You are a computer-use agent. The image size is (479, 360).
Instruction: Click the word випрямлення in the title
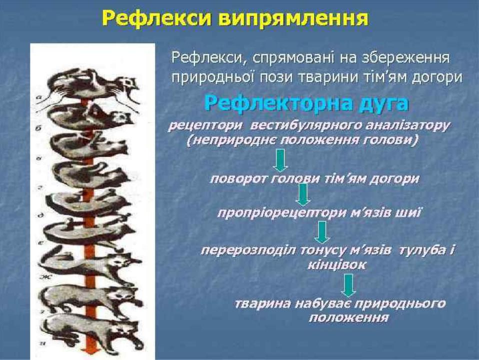coord(294,19)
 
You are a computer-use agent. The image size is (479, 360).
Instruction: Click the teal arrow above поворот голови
coord(280,160)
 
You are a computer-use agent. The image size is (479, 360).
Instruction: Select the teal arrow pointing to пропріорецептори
coord(302,194)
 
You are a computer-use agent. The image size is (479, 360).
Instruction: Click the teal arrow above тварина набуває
coord(348,285)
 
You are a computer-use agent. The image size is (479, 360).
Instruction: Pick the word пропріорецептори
coord(281,213)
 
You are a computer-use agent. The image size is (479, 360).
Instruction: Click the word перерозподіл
coord(248,250)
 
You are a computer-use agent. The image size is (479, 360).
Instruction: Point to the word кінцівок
coord(336,264)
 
